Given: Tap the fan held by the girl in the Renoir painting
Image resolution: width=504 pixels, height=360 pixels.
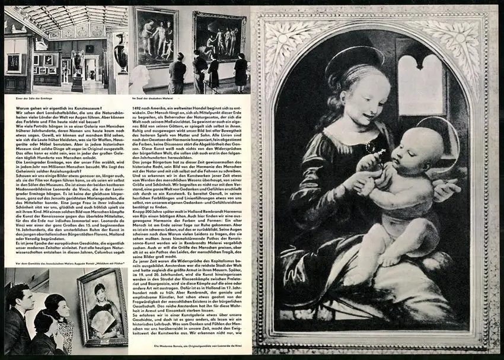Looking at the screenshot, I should [102, 322].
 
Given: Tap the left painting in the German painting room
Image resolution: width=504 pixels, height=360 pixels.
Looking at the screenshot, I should [155, 37].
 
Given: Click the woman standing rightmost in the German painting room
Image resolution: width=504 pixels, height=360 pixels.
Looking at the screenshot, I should [240, 71].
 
